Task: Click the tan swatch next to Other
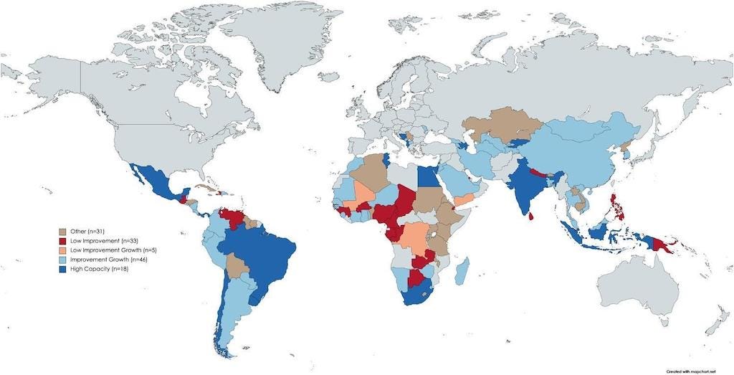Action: click(62, 232)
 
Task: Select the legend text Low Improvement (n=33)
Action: click(95, 241)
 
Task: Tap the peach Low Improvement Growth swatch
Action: click(62, 250)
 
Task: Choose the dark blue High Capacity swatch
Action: click(62, 267)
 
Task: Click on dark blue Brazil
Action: click(262, 251)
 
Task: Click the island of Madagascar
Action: click(462, 272)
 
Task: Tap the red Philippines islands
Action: click(614, 204)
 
